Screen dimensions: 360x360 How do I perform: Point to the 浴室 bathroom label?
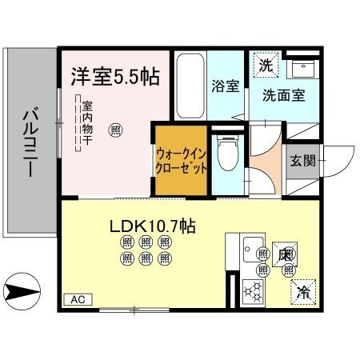[226, 86]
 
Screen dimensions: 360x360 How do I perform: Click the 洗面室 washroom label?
[283, 94]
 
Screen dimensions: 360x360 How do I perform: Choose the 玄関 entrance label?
[303, 159]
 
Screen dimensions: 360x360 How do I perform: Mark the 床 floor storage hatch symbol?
[284, 255]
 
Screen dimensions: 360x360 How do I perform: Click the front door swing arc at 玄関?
[339, 160]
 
